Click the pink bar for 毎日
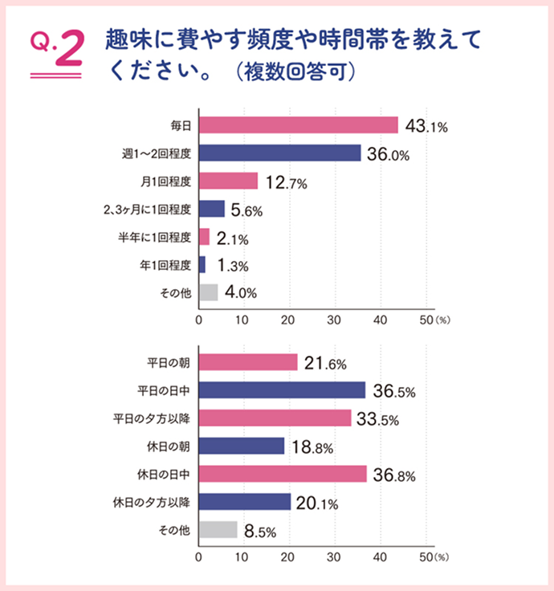click(x=298, y=125)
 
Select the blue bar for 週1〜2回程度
click(x=279, y=153)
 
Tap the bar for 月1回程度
click(x=228, y=181)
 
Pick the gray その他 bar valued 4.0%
click(x=208, y=292)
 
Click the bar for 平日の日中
click(x=282, y=390)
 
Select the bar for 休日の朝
click(x=242, y=446)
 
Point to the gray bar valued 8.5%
click(x=218, y=530)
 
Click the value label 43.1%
click(x=425, y=126)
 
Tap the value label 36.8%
click(x=393, y=475)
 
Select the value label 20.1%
click(x=317, y=503)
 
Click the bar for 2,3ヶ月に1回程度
click(x=211, y=209)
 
